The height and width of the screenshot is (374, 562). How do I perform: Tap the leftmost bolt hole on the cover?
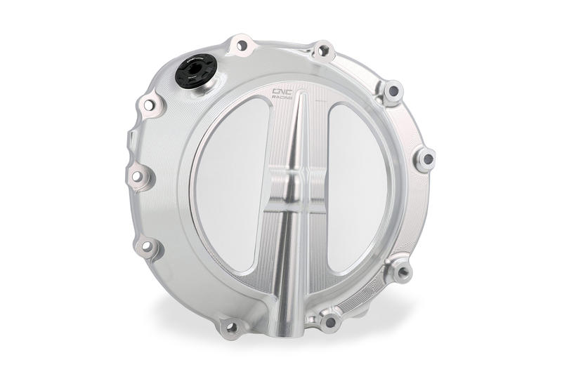tap(137, 175)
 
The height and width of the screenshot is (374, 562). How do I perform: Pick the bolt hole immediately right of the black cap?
tap(242, 46)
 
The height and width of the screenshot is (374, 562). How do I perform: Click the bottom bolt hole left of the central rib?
tap(232, 326)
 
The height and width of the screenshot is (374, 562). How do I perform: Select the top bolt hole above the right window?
tap(323, 51)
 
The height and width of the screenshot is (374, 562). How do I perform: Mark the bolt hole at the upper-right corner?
tap(393, 91)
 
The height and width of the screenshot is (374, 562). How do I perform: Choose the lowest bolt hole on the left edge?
tap(148, 246)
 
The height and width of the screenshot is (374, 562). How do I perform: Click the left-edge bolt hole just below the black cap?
tap(150, 105)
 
